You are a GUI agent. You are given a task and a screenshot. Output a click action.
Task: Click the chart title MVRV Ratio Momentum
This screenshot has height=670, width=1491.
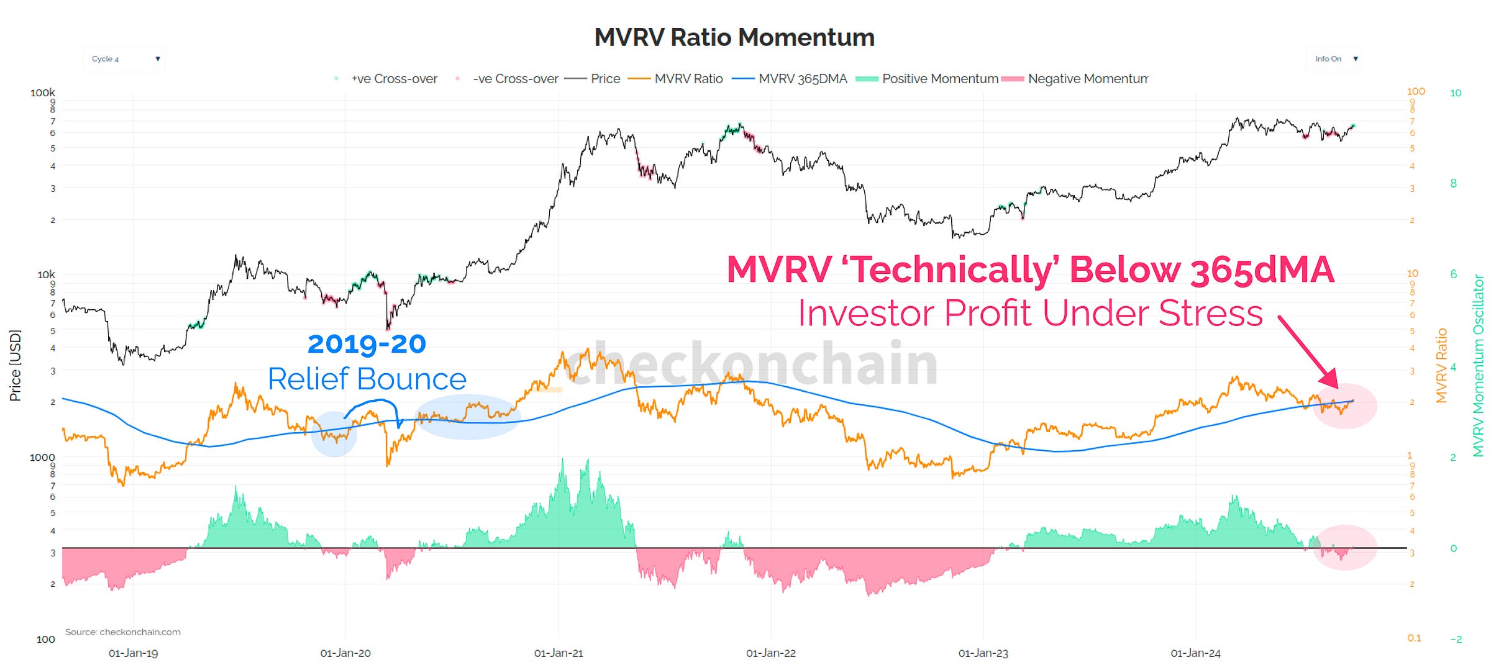point(734,37)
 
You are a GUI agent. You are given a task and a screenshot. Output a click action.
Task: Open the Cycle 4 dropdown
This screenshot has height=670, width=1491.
point(124,59)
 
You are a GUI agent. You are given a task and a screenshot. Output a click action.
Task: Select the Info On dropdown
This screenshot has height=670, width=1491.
point(1334,59)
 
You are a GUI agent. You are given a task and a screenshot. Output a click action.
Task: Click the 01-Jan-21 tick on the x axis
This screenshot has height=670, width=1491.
point(559,653)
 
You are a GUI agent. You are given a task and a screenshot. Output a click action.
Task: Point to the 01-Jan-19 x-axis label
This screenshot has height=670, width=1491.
point(133,653)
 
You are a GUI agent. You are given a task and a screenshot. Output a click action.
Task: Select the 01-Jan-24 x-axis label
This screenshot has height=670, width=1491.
point(1195,653)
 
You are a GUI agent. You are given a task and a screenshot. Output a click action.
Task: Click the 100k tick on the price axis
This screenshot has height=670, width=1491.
point(42,93)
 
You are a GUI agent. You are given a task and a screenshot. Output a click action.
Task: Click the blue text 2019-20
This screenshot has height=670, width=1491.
point(367,344)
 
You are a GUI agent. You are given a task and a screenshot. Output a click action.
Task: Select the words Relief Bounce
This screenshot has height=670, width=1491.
point(367,379)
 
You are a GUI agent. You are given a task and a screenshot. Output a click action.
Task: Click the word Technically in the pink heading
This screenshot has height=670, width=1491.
point(951,270)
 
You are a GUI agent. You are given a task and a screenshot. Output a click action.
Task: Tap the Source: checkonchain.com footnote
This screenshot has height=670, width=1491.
point(122,632)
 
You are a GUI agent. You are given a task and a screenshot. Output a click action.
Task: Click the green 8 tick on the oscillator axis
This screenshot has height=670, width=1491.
point(1453,183)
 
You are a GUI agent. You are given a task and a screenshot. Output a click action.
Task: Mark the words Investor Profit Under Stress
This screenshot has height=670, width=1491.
point(1029,313)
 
